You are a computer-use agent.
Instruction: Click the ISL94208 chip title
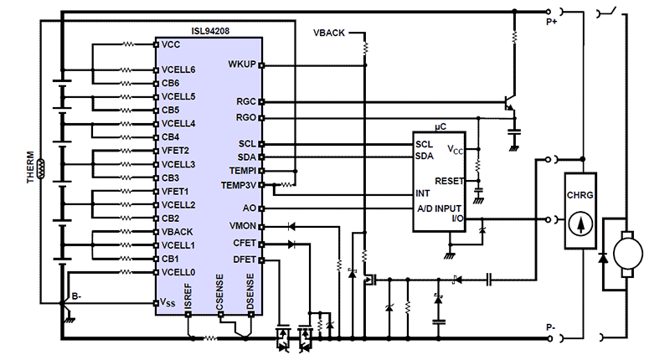click(210, 31)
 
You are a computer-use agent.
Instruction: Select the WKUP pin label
click(242, 64)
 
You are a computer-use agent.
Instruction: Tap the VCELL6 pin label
click(178, 69)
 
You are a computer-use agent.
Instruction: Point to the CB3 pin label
click(170, 177)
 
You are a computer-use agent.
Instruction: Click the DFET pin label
click(245, 260)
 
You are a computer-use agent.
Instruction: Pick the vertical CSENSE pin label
click(219, 292)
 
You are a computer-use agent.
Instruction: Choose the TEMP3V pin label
click(239, 185)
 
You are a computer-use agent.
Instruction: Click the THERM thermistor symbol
click(41, 168)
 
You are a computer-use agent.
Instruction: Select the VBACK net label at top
click(329, 33)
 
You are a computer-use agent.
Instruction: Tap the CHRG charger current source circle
click(580, 224)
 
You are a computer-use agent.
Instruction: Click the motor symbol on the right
click(627, 254)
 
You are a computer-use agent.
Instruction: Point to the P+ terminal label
click(551, 22)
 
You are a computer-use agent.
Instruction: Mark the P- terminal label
click(550, 327)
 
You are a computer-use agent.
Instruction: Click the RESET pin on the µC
click(449, 181)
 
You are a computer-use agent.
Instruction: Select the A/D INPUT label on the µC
click(439, 208)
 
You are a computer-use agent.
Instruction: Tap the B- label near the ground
click(76, 296)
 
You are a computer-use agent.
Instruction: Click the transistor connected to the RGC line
click(510, 102)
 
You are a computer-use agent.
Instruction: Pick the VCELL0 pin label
click(178, 272)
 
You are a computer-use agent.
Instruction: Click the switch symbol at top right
click(607, 12)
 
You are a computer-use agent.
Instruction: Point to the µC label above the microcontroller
click(441, 126)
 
